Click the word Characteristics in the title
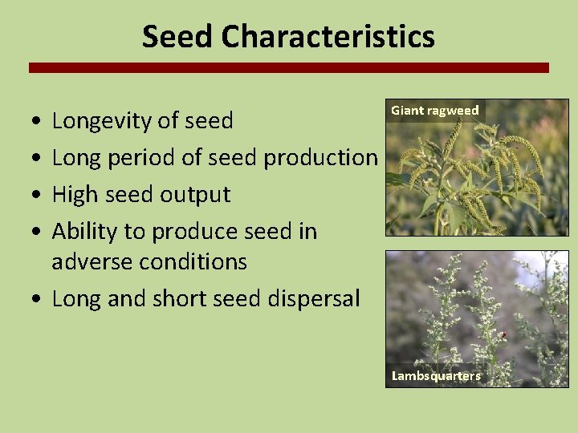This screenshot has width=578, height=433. [328, 37]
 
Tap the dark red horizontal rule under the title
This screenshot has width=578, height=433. [289, 68]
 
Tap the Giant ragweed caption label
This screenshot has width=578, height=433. [434, 111]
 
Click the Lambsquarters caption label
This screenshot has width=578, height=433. [436, 376]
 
